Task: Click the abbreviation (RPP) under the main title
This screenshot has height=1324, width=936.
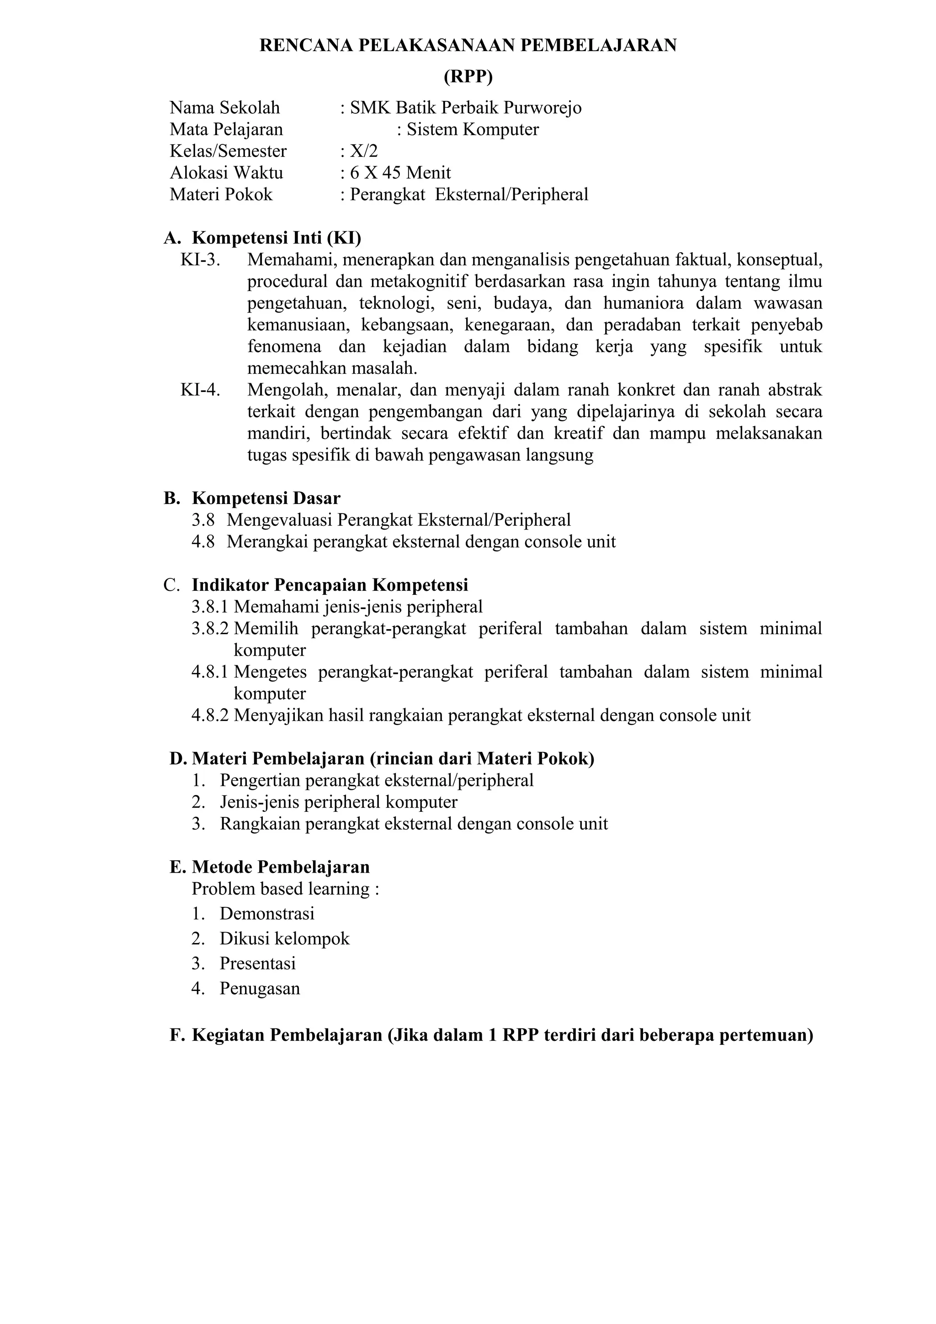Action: pyautogui.click(x=468, y=77)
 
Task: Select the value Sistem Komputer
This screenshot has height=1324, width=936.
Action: pyautogui.click(x=472, y=129)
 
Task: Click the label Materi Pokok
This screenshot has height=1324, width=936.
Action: pyautogui.click(x=221, y=194)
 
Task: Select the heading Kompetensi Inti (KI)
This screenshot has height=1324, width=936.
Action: pyautogui.click(x=276, y=238)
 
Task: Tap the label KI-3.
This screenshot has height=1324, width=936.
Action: pyautogui.click(x=200, y=260)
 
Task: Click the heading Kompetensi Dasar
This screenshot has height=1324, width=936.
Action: pyautogui.click(x=266, y=498)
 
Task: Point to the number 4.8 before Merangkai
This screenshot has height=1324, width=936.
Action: pyautogui.click(x=203, y=541)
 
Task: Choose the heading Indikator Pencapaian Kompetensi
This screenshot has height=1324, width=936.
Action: pyautogui.click(x=330, y=585)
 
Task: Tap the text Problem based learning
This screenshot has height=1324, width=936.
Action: pyautogui.click(x=280, y=889)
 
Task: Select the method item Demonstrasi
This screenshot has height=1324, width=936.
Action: pyautogui.click(x=266, y=913)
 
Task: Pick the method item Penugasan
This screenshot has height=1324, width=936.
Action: pyautogui.click(x=260, y=988)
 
